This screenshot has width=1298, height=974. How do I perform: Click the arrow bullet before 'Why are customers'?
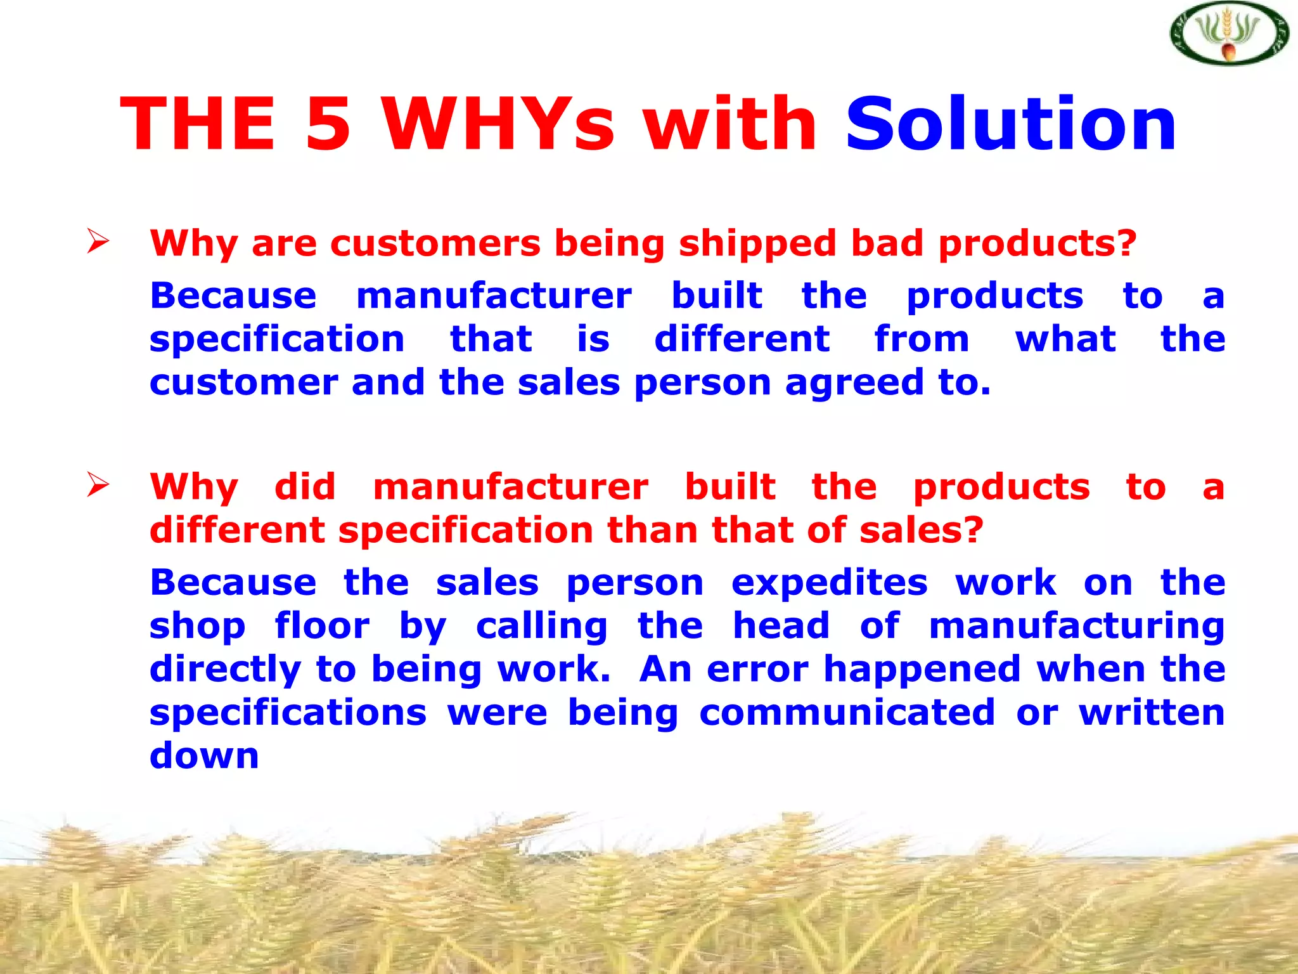(x=98, y=242)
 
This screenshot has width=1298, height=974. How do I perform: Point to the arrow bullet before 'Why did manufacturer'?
(x=98, y=485)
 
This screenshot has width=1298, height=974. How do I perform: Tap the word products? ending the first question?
(x=1038, y=244)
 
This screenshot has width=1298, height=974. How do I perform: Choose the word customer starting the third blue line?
(x=244, y=382)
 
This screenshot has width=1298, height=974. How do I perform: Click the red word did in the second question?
(x=305, y=486)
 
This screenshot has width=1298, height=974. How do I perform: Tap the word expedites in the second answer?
(x=830, y=583)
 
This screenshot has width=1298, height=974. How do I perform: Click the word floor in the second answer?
(x=322, y=626)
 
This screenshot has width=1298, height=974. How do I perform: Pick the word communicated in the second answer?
(x=847, y=712)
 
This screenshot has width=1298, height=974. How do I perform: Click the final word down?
(x=204, y=755)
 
